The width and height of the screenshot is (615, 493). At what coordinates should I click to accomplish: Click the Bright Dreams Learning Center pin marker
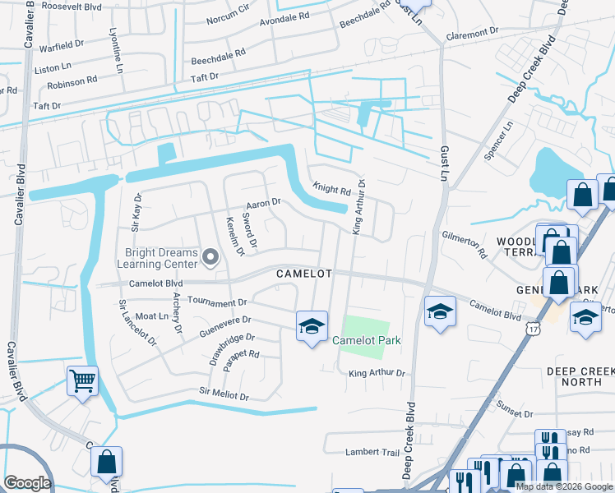click(x=210, y=259)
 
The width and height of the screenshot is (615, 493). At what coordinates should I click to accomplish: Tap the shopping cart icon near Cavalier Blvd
click(x=82, y=381)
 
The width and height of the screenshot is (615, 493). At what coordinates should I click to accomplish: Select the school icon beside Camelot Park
click(x=312, y=326)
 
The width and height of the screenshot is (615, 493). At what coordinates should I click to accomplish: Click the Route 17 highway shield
click(x=534, y=305)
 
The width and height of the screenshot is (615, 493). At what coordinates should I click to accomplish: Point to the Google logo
click(x=27, y=483)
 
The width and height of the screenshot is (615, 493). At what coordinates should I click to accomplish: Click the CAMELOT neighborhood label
click(x=303, y=273)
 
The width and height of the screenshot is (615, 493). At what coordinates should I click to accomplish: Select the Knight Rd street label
click(x=331, y=189)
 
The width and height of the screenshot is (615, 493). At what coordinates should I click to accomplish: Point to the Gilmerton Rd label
click(x=464, y=244)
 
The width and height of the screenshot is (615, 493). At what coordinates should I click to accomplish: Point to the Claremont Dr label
click(x=472, y=35)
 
